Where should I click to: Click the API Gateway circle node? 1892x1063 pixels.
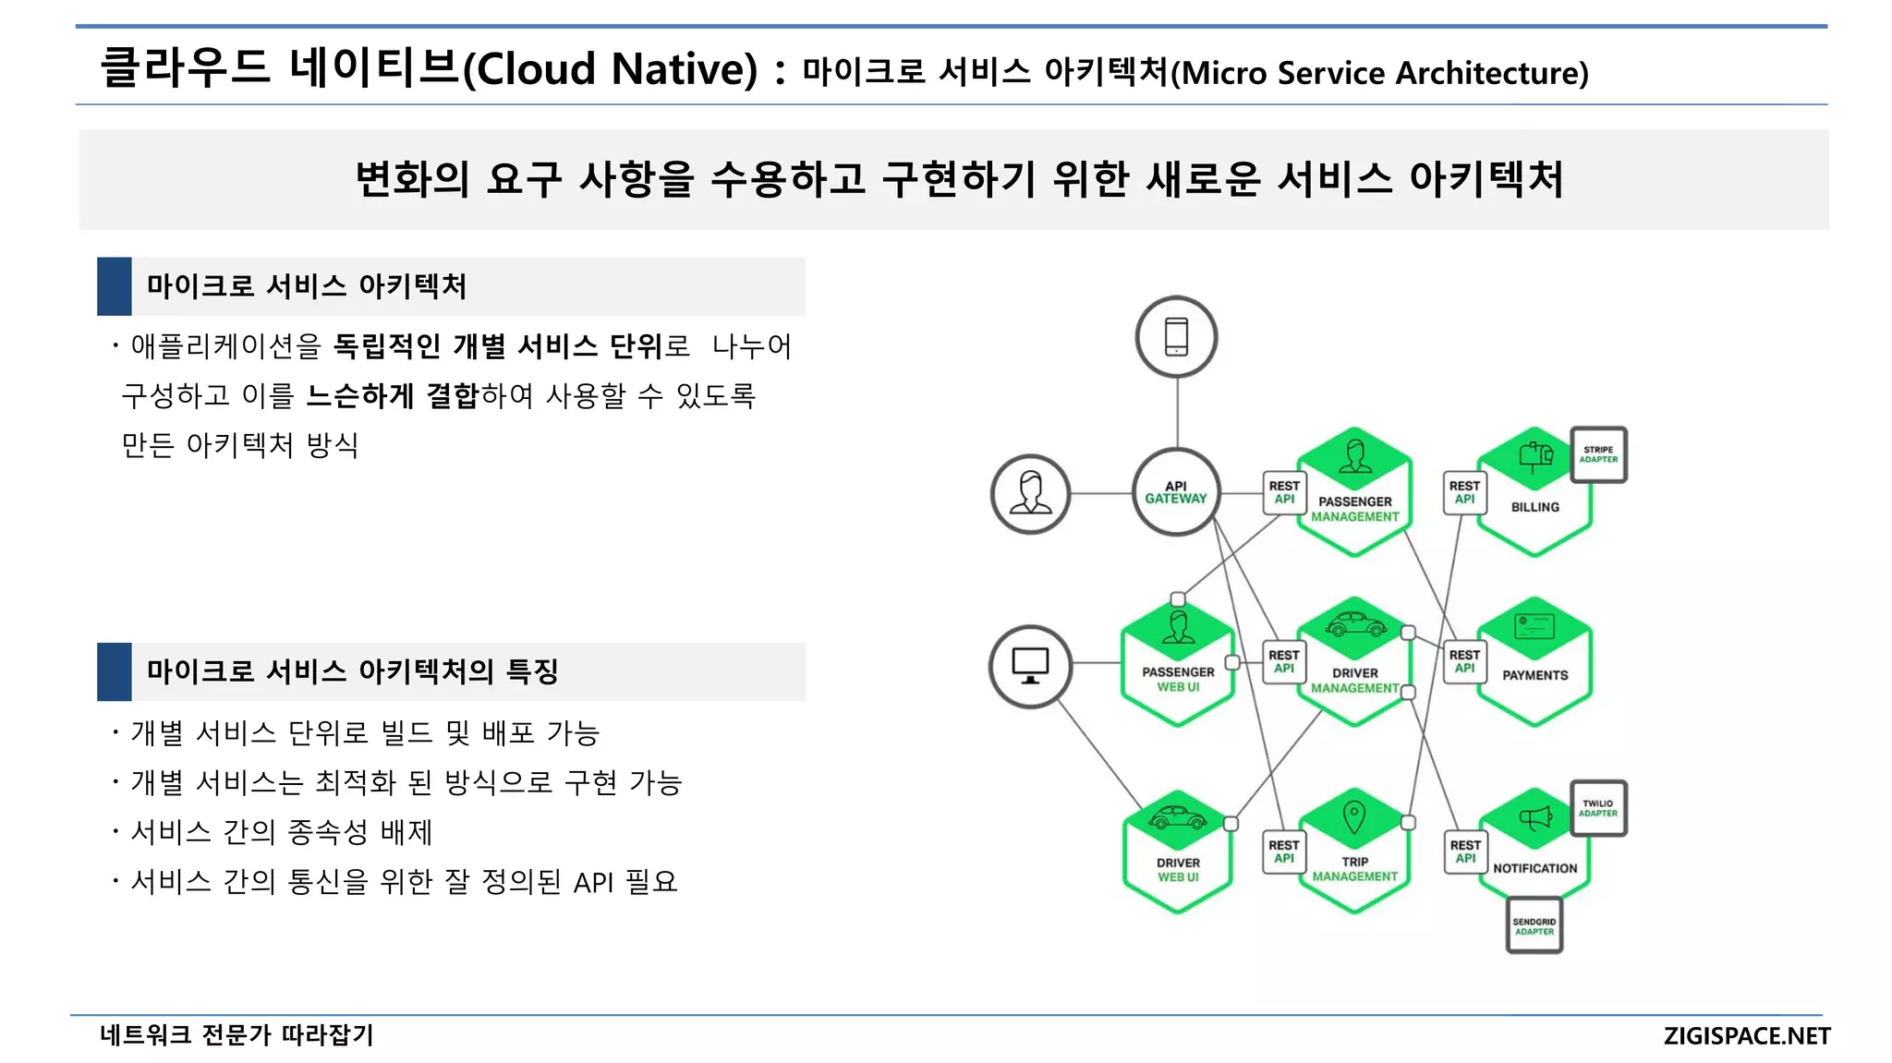(x=1175, y=492)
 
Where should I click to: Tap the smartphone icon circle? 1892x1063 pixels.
(x=1176, y=336)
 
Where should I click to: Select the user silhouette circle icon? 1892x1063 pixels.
(x=1030, y=493)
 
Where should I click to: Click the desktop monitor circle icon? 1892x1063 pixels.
(x=1030, y=666)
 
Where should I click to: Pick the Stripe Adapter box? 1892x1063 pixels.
(x=1598, y=454)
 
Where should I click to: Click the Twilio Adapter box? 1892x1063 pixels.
(x=1598, y=808)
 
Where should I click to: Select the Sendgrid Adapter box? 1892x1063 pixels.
(x=1534, y=925)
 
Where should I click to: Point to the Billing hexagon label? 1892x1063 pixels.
(x=1534, y=507)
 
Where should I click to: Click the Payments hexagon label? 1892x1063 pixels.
(x=1534, y=675)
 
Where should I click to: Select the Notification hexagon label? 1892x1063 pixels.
(x=1534, y=868)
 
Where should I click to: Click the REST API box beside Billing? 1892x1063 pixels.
(x=1464, y=492)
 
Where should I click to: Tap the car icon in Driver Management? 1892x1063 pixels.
(x=1355, y=624)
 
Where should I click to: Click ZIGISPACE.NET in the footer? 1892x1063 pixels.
(x=1746, y=1036)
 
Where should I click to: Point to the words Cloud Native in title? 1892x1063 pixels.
(x=610, y=69)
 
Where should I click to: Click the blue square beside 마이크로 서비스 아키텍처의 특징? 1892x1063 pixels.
(x=115, y=671)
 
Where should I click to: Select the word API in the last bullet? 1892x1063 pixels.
(x=593, y=883)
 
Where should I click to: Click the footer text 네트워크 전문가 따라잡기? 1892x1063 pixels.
(x=236, y=1035)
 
